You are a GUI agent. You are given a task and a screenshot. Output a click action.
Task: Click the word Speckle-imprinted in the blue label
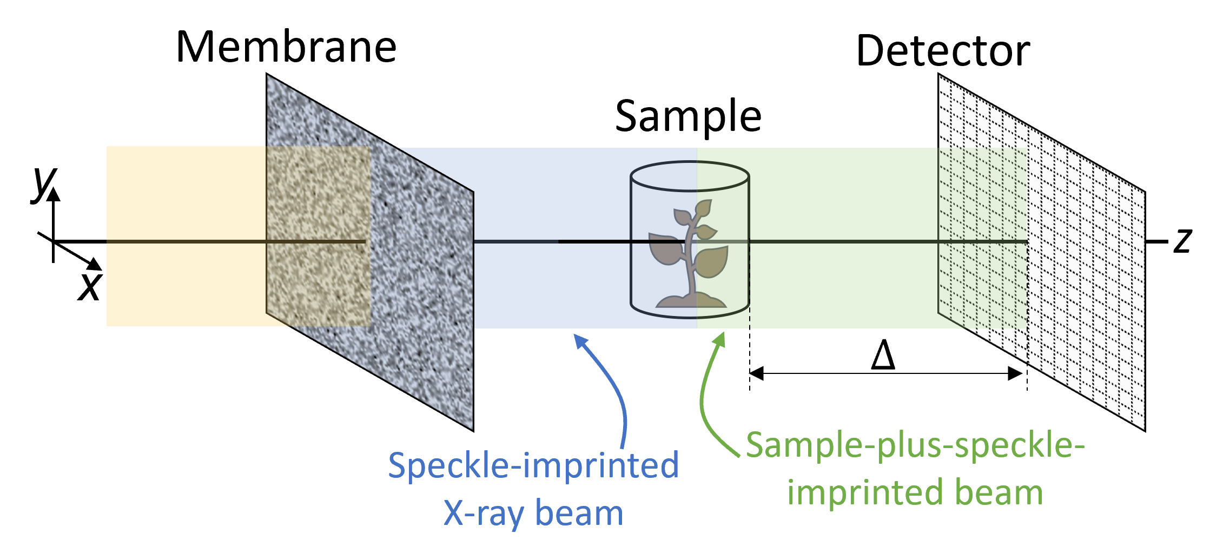533,465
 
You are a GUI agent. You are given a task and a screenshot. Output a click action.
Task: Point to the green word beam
999,492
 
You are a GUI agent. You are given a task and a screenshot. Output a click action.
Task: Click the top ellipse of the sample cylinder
690,176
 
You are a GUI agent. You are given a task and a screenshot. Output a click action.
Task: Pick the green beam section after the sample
844,195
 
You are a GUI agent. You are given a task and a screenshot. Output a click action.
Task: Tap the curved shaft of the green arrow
706,411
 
